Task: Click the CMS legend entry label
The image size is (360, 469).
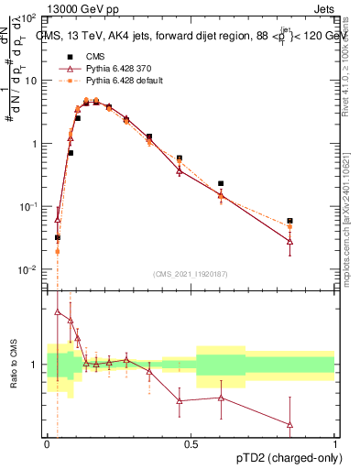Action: click(x=93, y=55)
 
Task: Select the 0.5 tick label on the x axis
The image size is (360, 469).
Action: click(x=191, y=444)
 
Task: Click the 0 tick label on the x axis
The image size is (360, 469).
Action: click(x=48, y=444)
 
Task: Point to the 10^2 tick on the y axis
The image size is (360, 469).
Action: click(x=29, y=18)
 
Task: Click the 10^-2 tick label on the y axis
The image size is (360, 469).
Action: click(x=29, y=269)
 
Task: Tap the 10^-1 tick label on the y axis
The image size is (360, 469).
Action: click(x=29, y=207)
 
